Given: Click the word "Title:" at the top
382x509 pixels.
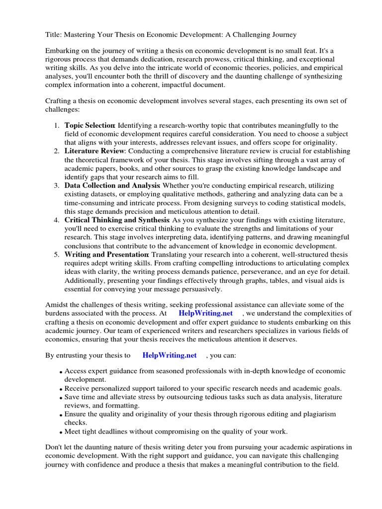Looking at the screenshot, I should coord(54,34).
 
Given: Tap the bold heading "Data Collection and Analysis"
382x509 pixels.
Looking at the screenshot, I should coord(112,185).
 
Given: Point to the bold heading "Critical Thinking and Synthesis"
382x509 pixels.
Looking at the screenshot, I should coord(117,220).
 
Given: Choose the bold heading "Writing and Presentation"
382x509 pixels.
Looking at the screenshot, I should coord(106,254).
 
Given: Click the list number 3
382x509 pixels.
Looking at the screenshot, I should coord(57,185).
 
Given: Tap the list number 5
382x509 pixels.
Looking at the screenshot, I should coord(57,254).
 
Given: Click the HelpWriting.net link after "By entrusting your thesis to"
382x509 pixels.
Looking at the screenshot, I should coord(169,355).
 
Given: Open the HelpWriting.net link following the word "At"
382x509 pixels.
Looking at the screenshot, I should coord(205,313).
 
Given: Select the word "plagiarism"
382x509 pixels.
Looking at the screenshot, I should coord(317,414).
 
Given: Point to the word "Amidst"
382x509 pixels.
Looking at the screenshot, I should coord(57,304).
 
